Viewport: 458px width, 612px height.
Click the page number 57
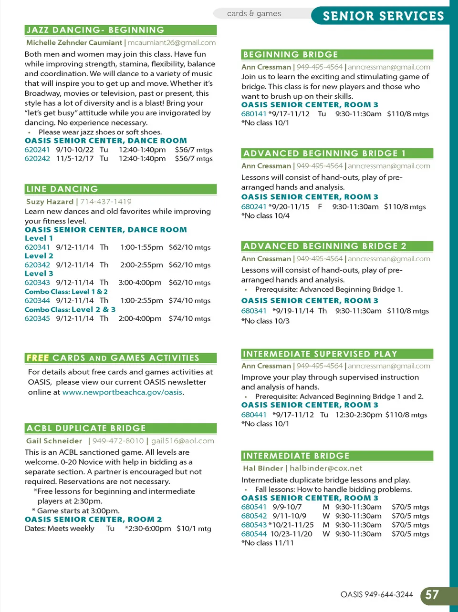coord(432,595)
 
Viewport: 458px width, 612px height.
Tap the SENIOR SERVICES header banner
coord(383,16)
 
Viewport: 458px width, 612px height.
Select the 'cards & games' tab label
coord(254,13)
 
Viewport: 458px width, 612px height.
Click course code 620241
coord(37,150)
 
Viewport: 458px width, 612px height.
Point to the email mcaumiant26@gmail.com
coord(171,42)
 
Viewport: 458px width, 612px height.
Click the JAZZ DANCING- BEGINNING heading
coord(95,30)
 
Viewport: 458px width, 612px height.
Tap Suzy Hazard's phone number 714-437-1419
coord(106,202)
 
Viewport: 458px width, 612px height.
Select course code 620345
coord(37,318)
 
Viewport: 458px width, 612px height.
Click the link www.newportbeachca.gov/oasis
coord(122,392)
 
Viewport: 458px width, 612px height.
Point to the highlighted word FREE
coord(38,358)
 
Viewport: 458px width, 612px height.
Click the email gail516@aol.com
coord(183,441)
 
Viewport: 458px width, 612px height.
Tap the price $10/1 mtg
coord(194,529)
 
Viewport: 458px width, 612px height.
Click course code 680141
coord(254,114)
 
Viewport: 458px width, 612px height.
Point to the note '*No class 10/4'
coord(265,216)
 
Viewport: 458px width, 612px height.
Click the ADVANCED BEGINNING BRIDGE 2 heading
coord(324,246)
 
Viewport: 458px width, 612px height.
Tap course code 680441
coord(254,415)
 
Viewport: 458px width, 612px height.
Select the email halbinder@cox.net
coord(326,469)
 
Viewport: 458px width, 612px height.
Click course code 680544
coord(254,534)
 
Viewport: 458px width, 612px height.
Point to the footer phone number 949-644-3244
coord(389,595)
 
